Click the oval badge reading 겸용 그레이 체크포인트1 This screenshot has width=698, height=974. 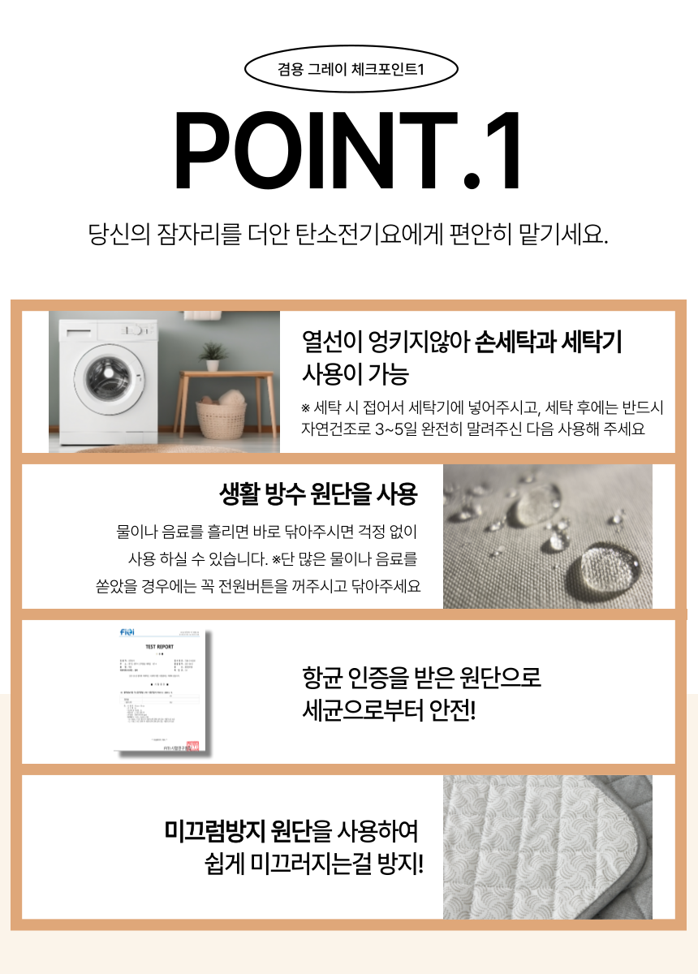tap(351, 70)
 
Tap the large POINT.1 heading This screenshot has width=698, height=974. tap(349, 151)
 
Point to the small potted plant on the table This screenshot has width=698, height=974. tap(213, 356)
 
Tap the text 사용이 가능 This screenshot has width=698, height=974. tap(355, 374)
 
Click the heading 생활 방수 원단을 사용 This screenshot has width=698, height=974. tap(318, 493)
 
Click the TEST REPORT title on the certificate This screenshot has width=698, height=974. tap(159, 647)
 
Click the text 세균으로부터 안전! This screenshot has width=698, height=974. tap(388, 710)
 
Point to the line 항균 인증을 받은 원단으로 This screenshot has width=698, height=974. tap(421, 676)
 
